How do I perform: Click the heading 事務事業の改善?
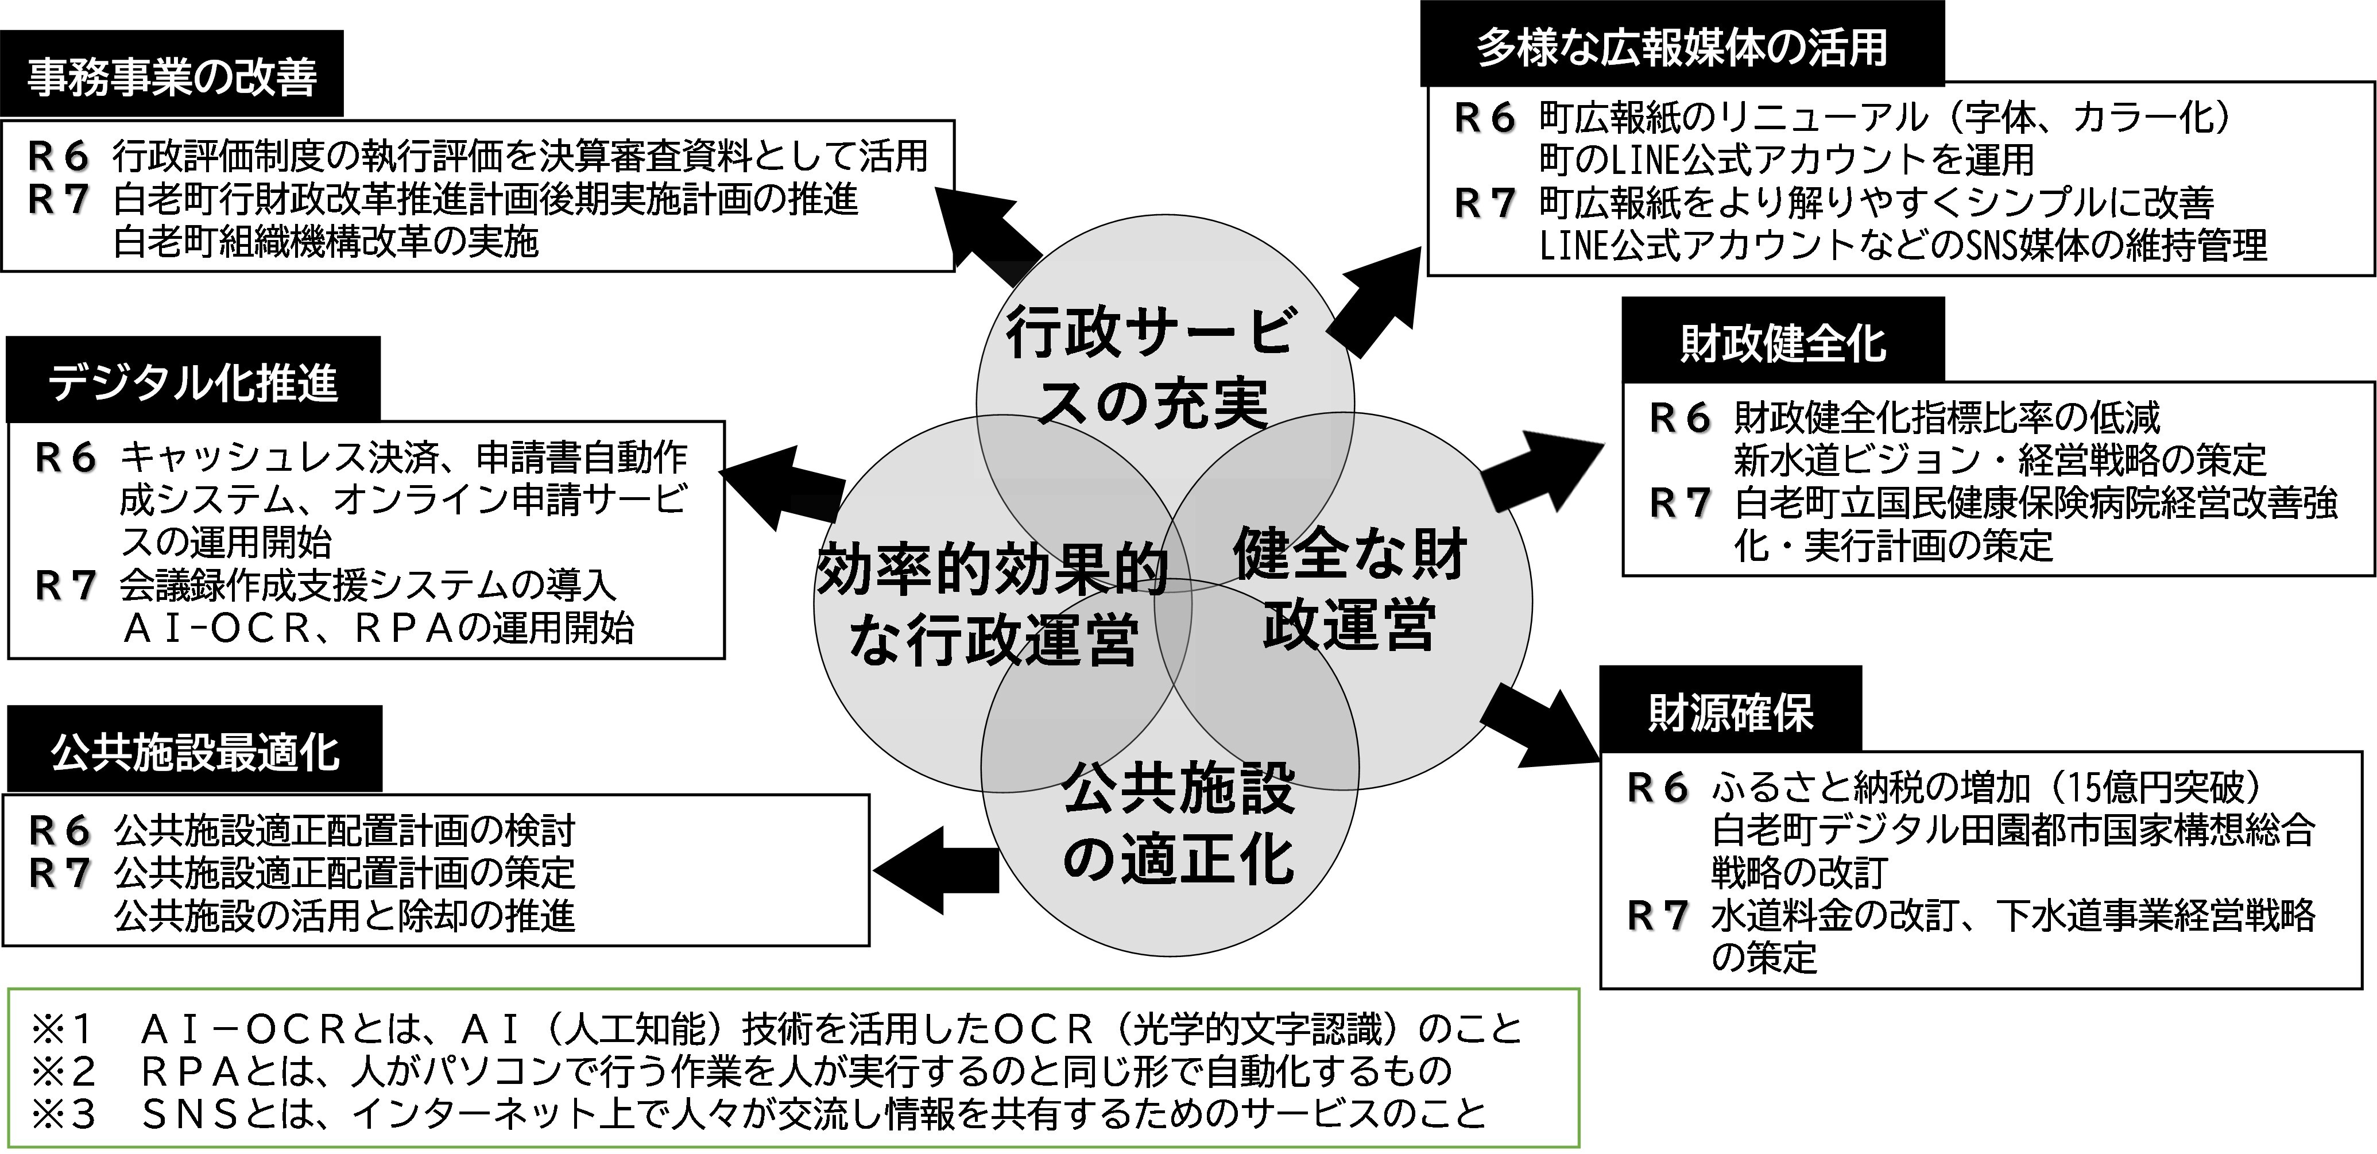pos(172,76)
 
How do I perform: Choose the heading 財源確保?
pos(1730,712)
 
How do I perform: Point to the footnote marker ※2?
pos(63,1071)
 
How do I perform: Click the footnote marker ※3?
pos(63,1113)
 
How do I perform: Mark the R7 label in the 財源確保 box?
pos(1657,916)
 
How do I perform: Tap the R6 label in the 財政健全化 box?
pos(1679,418)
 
